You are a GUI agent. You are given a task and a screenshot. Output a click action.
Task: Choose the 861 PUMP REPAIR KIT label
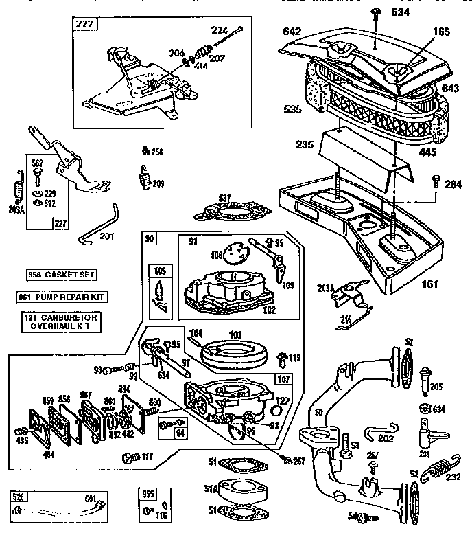pyautogui.click(x=62, y=297)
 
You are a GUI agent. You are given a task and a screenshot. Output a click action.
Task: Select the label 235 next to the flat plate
pyautogui.click(x=304, y=146)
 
